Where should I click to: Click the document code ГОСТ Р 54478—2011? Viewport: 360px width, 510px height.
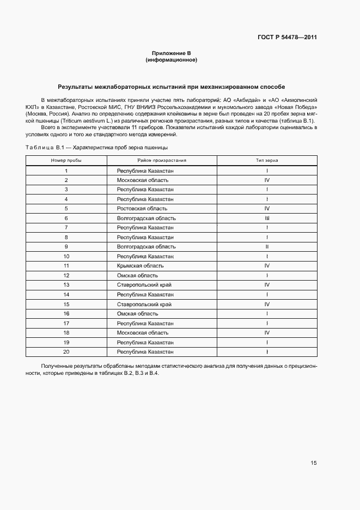(x=287, y=38)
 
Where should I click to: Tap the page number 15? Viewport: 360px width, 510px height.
(x=314, y=463)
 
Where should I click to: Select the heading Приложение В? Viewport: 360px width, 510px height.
(x=171, y=53)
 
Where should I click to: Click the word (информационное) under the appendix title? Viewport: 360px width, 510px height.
(x=171, y=60)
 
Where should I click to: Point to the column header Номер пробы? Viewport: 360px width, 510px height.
(x=66, y=161)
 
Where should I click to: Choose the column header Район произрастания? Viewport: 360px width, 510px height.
(x=162, y=161)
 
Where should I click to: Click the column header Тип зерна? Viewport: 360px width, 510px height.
(x=267, y=161)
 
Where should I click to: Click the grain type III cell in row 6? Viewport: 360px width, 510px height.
(x=267, y=218)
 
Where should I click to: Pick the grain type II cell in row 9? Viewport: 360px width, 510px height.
(x=267, y=247)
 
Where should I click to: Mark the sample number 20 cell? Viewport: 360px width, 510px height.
(x=66, y=352)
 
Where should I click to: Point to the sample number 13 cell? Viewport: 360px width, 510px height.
(x=66, y=285)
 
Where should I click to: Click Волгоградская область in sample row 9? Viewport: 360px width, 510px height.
(x=146, y=247)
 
